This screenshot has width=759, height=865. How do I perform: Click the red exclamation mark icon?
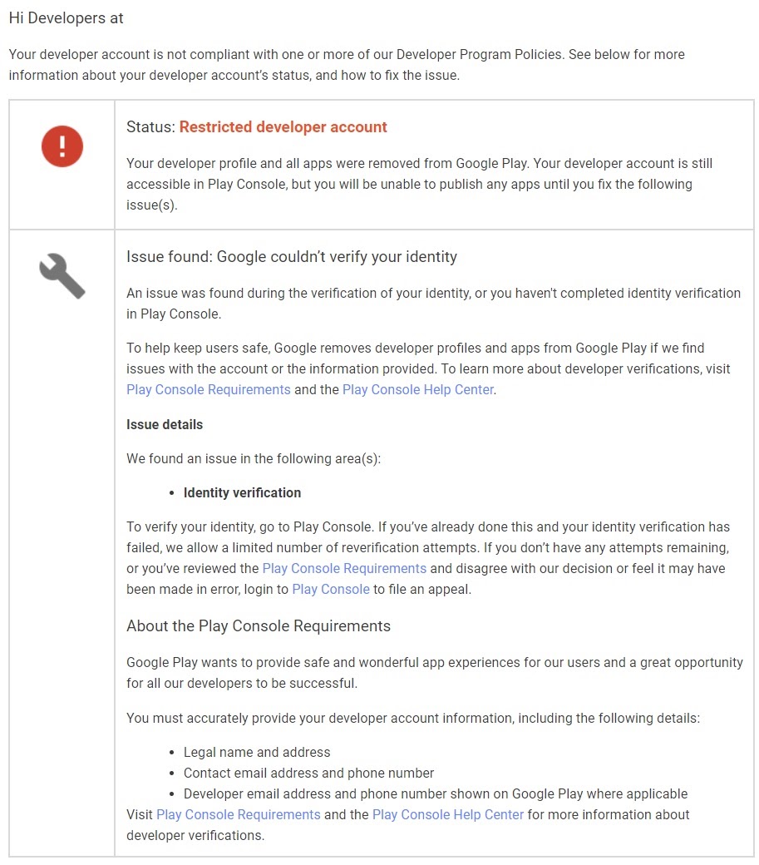[x=62, y=146]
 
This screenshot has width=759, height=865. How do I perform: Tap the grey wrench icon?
[x=62, y=276]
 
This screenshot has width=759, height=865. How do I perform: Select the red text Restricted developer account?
[x=283, y=127]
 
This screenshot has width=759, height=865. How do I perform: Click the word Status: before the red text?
[x=151, y=127]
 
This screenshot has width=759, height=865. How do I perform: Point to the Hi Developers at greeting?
[x=67, y=17]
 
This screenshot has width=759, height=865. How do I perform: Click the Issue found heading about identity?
[x=292, y=257]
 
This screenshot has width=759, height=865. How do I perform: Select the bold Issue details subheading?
[x=165, y=424]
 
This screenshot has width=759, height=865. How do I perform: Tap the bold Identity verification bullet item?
[x=242, y=492]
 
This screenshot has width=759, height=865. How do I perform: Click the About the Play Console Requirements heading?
[x=259, y=625]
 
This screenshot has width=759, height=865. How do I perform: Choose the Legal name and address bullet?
[x=257, y=752]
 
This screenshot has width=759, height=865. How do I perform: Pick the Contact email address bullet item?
[x=308, y=773]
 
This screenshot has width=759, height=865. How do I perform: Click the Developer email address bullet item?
[x=435, y=793]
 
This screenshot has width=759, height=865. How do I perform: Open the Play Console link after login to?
[x=331, y=589]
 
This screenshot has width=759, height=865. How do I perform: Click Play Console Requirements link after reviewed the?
[x=344, y=568]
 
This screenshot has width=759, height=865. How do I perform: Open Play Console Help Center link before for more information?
[x=448, y=814]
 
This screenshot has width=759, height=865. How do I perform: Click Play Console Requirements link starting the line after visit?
[x=209, y=389]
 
